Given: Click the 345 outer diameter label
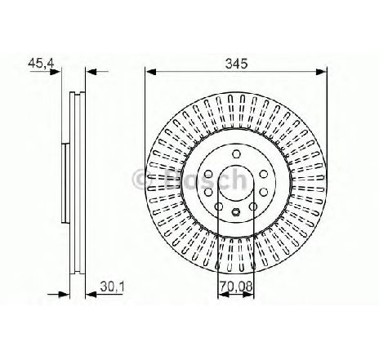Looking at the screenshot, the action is (x=236, y=64).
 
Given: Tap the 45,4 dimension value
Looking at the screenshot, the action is (x=42, y=63).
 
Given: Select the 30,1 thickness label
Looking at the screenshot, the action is (x=112, y=287).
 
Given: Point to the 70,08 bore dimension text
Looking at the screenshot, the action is (x=236, y=287).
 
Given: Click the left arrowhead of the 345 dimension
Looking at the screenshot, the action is (x=150, y=72).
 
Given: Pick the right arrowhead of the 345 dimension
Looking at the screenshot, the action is (x=321, y=72).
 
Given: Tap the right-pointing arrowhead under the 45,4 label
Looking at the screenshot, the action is (x=55, y=72).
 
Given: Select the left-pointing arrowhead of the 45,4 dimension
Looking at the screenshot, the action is (x=91, y=72).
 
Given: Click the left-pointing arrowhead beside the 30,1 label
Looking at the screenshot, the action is (x=91, y=294).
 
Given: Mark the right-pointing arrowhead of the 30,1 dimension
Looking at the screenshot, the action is (x=65, y=294).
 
